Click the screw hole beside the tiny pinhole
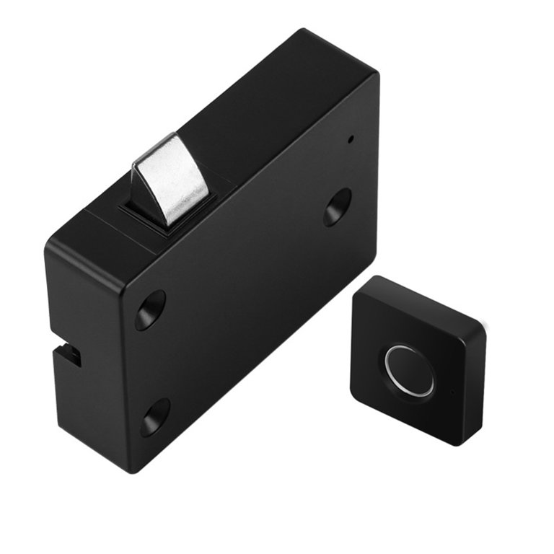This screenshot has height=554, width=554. pos(337,207)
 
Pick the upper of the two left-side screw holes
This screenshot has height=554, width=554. pos(150,309)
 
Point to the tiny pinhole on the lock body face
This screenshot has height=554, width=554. pos(351,138)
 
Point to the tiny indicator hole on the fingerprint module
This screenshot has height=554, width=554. pos(452,393)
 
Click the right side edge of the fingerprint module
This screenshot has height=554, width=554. pos(477,390)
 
